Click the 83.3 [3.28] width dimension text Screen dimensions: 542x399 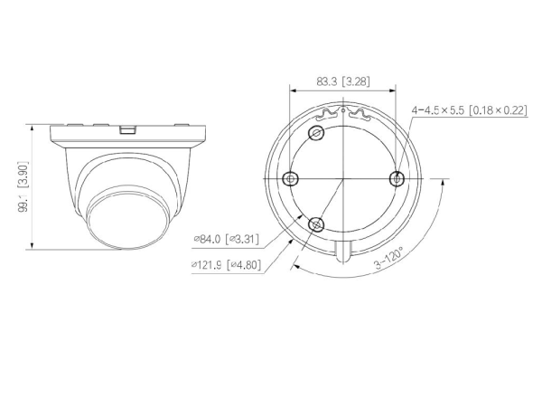(x=343, y=81)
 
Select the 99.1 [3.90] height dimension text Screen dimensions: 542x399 (x=23, y=186)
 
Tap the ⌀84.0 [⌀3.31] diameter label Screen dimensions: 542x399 (x=227, y=239)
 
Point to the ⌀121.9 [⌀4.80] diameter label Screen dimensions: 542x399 (x=226, y=265)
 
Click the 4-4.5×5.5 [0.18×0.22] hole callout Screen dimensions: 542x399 (x=470, y=110)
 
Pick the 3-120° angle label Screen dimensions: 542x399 (x=388, y=259)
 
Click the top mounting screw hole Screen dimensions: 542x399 (x=316, y=133)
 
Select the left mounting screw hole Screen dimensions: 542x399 (x=290, y=179)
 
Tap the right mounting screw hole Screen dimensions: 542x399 (x=397, y=179)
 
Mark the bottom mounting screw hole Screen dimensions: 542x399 (x=316, y=224)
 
